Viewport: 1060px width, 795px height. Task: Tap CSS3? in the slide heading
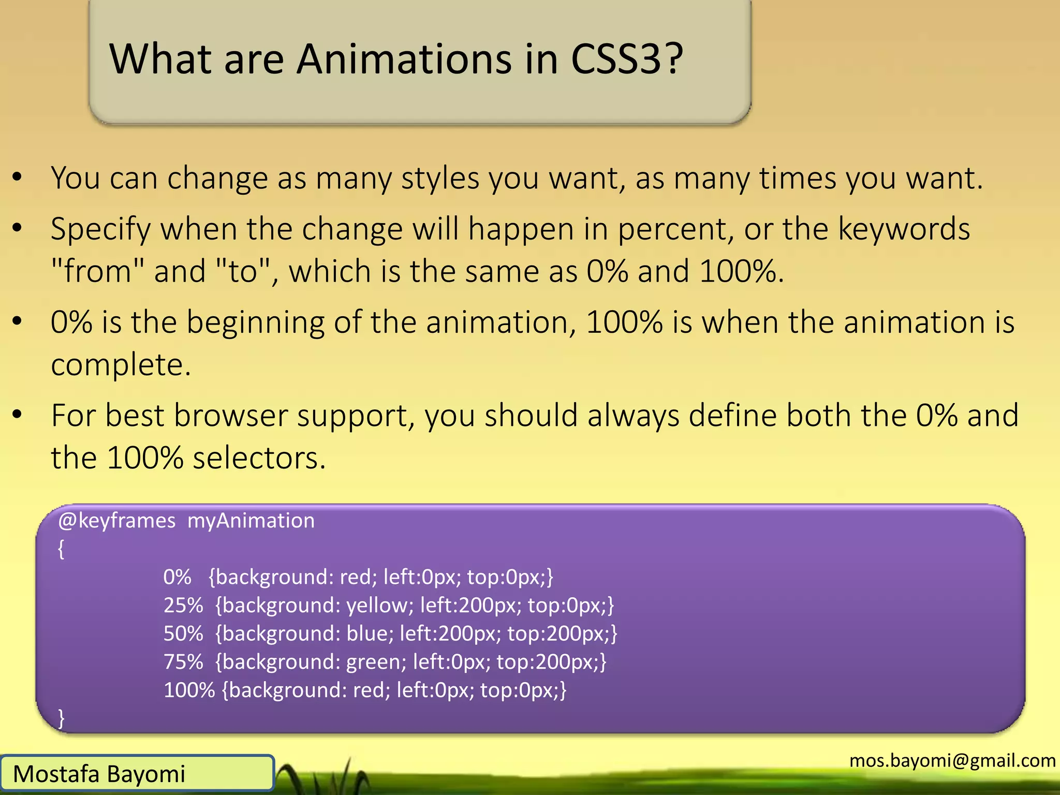click(627, 60)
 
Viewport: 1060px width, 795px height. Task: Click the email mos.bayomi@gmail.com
click(952, 760)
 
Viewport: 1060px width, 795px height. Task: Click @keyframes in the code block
click(117, 521)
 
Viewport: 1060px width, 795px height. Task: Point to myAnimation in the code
click(251, 521)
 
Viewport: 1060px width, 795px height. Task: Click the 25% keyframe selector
click(183, 605)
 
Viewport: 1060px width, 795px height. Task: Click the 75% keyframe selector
click(183, 662)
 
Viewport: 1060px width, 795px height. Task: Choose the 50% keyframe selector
click(183, 634)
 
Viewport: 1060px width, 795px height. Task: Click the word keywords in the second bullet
click(904, 229)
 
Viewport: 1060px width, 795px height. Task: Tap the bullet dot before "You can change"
click(18, 177)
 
